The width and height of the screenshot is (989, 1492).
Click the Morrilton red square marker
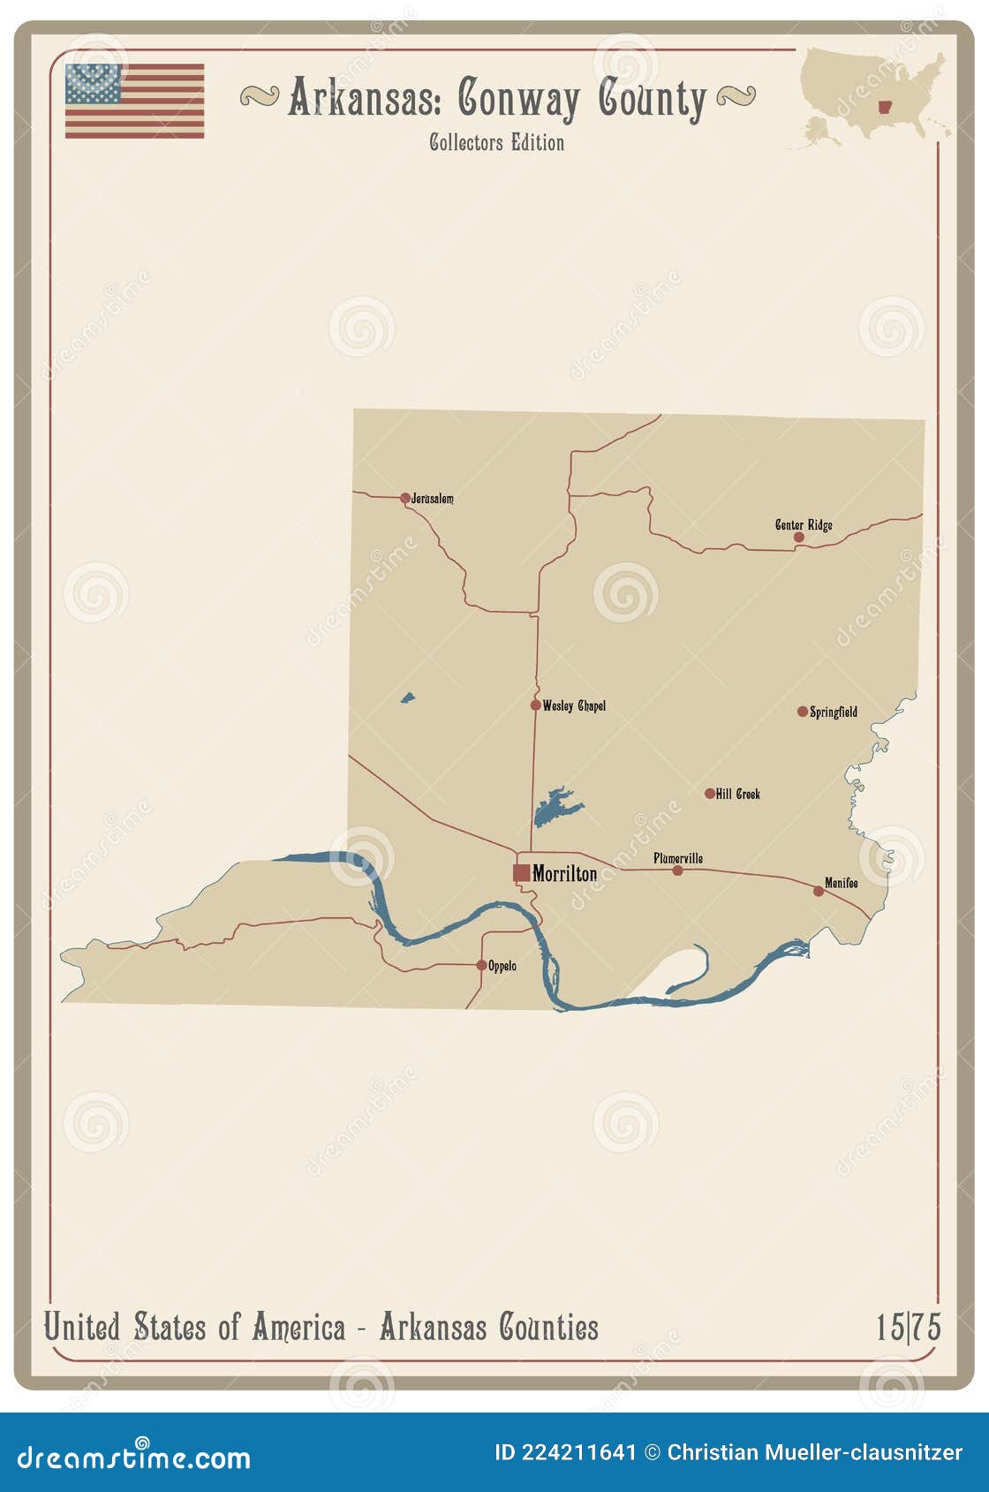coord(522,872)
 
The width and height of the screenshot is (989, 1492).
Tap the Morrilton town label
coord(565,873)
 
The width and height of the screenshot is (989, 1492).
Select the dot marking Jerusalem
coord(405,498)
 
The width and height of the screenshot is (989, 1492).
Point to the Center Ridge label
coord(804,524)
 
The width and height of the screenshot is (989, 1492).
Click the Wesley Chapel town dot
coord(535,705)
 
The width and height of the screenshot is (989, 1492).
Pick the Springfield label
coord(834,712)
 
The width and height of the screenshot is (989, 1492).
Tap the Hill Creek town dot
coord(710,794)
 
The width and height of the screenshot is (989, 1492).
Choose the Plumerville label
coord(678,858)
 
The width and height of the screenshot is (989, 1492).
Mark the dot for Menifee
coord(819,891)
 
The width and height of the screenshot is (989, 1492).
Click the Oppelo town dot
coord(481,965)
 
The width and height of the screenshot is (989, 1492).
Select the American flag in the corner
coord(134,101)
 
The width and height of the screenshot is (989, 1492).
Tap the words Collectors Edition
coord(496,142)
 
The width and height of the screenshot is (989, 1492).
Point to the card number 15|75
coord(908,1327)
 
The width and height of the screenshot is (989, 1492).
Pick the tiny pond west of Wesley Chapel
coord(407,698)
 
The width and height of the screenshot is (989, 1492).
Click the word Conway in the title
coord(518,99)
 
